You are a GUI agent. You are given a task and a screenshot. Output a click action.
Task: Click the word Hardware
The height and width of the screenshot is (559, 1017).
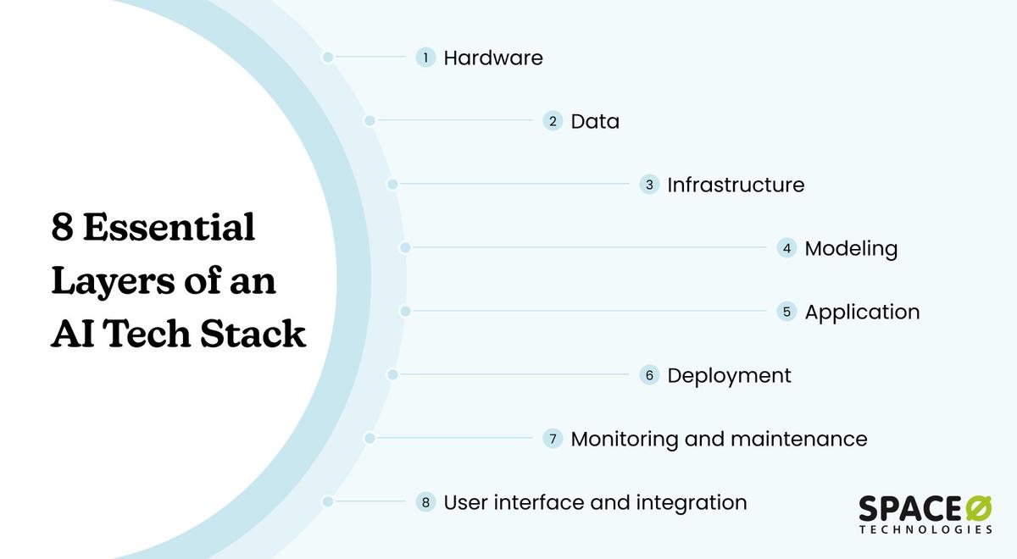pyautogui.click(x=493, y=58)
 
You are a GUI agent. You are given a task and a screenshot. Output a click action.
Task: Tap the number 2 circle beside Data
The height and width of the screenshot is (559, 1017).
pyautogui.click(x=553, y=121)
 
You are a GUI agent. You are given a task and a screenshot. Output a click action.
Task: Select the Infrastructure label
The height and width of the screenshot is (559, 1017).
pyautogui.click(x=736, y=185)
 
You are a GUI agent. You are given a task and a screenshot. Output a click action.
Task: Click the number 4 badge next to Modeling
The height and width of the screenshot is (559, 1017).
pyautogui.click(x=786, y=248)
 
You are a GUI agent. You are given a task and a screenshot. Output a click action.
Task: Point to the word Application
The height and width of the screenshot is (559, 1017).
pyautogui.click(x=862, y=312)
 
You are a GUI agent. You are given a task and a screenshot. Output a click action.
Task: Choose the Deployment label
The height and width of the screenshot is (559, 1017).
pyautogui.click(x=729, y=375)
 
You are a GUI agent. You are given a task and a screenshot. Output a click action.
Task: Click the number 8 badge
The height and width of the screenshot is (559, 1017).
pyautogui.click(x=425, y=502)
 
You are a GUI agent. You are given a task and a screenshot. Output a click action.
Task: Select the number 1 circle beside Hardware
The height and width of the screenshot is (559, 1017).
pyautogui.click(x=425, y=58)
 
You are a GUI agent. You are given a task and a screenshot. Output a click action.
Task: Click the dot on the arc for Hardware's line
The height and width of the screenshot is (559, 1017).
pyautogui.click(x=327, y=58)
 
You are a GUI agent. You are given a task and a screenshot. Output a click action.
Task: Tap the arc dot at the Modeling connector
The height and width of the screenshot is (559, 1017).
pyautogui.click(x=405, y=248)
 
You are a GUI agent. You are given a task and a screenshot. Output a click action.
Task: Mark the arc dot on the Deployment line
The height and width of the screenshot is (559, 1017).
pyautogui.click(x=392, y=374)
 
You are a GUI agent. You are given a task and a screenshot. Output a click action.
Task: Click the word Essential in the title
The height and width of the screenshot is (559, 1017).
pyautogui.click(x=169, y=229)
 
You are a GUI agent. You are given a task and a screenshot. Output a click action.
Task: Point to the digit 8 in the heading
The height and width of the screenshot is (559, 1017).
pyautogui.click(x=62, y=229)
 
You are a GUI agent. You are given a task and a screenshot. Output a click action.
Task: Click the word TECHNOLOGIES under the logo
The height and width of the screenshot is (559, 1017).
pyautogui.click(x=925, y=529)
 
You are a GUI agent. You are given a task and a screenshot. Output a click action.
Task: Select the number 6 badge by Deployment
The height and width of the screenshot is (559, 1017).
pyautogui.click(x=649, y=375)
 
